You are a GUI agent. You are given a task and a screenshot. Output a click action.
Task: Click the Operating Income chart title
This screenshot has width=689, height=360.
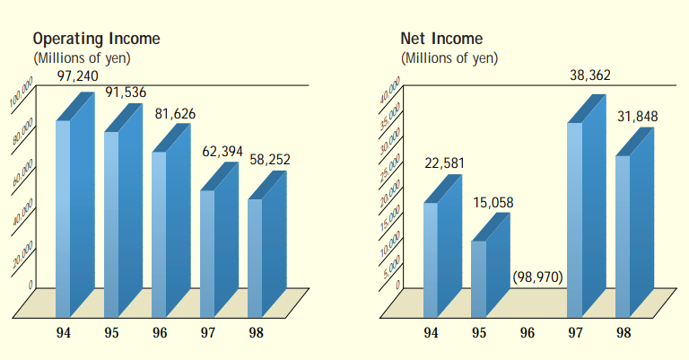click(x=97, y=39)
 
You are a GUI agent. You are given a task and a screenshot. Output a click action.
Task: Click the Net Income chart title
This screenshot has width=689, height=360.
click(x=441, y=39)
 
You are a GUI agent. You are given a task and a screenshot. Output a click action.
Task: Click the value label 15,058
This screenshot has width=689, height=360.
click(x=493, y=202)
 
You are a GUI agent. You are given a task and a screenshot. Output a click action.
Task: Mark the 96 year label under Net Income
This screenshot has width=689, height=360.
click(x=528, y=333)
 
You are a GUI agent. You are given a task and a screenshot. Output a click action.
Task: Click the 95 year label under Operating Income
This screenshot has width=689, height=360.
click(x=111, y=333)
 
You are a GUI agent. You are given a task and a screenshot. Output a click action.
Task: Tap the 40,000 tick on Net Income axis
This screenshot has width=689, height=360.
click(x=389, y=94)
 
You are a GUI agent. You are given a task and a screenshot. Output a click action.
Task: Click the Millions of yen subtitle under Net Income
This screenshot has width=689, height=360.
click(x=449, y=58)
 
